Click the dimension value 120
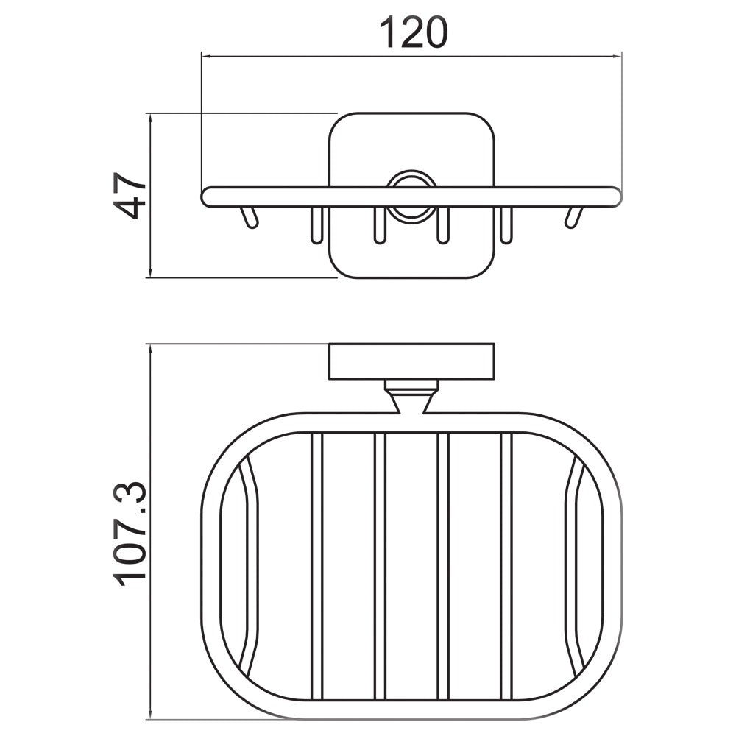(413, 33)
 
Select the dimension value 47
(132, 196)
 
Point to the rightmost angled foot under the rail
(573, 218)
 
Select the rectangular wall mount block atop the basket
(411, 361)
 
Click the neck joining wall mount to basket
(411, 398)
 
